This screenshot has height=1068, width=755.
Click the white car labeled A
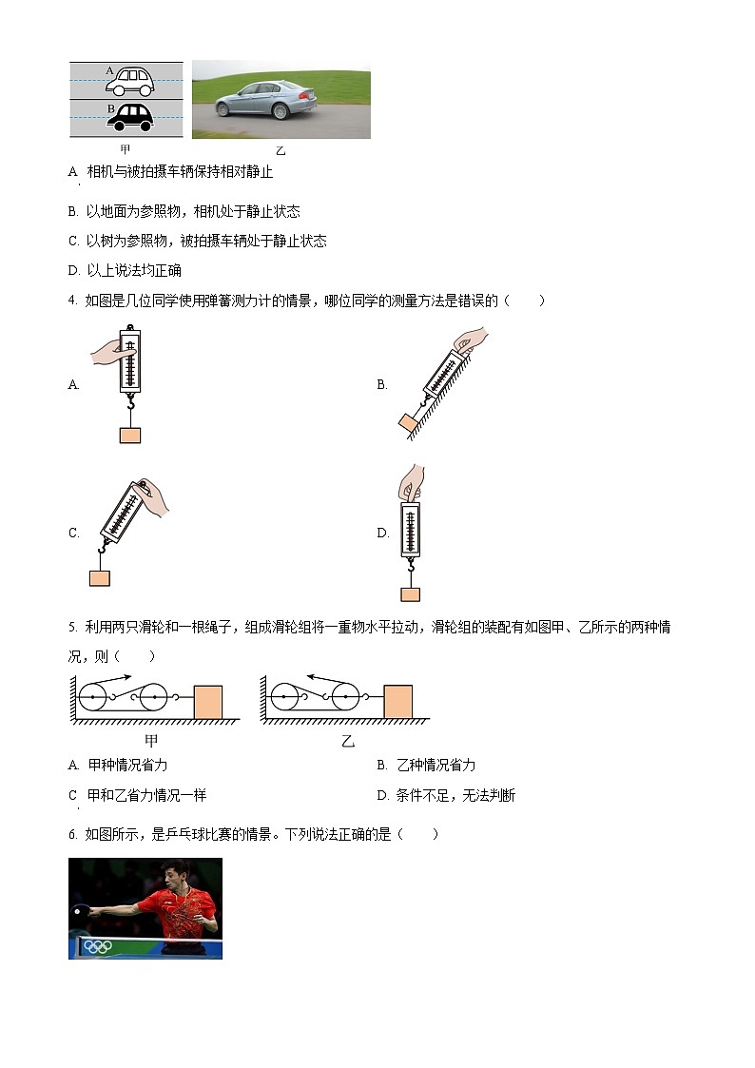coord(129,82)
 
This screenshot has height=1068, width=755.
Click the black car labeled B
coord(129,116)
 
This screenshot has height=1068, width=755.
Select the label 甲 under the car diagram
coord(126,150)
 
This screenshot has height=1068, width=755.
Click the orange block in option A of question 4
coord(130,435)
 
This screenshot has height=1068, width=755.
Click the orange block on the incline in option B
coord(410,422)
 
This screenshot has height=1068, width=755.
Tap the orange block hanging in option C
coord(99,578)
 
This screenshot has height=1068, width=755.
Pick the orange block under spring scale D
coord(410,594)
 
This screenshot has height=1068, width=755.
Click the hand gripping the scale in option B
coord(470,340)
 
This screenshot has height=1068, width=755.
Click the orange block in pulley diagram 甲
coord(207,702)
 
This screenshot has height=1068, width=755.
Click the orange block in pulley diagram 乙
coord(397,702)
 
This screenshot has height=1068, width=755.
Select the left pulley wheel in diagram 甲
coord(93,699)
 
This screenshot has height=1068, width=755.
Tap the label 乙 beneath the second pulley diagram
coord(347,741)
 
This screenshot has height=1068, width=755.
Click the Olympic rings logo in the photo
coord(97,946)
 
